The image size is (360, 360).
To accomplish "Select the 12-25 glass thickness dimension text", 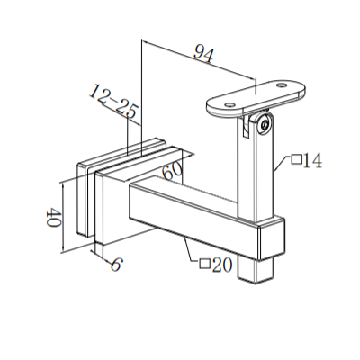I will [113, 103].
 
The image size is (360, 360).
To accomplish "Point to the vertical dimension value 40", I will [50, 218].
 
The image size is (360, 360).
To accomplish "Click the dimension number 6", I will [115, 264].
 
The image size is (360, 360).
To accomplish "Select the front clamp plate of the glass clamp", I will [94, 202].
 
